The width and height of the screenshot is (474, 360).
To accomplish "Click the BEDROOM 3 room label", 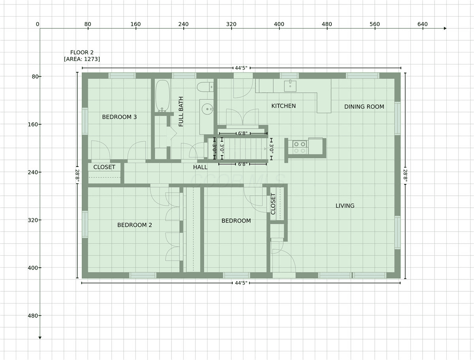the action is (119, 117).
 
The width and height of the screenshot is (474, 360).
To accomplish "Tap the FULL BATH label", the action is (181, 111).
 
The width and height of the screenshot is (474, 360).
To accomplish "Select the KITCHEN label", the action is (283, 106).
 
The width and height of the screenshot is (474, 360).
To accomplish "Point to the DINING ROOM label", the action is (364, 107).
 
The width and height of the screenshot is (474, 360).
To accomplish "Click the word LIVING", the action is (345, 206).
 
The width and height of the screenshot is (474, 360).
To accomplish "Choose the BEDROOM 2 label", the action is (135, 225).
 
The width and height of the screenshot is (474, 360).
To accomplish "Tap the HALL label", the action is (200, 167).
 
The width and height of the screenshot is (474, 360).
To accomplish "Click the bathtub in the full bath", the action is (162, 96).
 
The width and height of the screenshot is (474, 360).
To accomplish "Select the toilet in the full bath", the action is (205, 87).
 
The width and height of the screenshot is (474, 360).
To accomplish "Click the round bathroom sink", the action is (207, 109).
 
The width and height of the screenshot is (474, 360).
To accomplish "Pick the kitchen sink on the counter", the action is (290, 86).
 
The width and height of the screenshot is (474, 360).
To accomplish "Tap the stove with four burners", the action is (300, 147).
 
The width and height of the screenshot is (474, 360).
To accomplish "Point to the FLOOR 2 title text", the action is (82, 52).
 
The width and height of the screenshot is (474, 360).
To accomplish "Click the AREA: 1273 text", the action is (82, 59).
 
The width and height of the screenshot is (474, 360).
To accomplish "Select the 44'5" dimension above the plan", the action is (241, 68).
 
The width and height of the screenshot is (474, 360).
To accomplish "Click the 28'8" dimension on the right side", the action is (405, 176).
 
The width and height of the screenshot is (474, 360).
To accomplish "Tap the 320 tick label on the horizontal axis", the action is (231, 24).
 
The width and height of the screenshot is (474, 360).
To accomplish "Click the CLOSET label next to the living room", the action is (273, 204).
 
